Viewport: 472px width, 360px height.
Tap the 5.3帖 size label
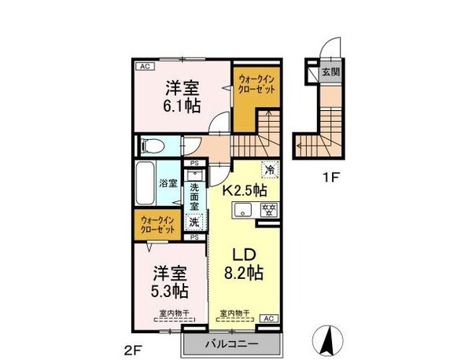[x=169, y=291]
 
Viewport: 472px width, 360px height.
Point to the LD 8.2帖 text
[x=244, y=265]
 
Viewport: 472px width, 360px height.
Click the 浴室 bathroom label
[x=168, y=184]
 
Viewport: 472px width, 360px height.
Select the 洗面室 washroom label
[x=194, y=195]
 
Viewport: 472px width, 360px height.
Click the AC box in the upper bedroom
[x=145, y=67]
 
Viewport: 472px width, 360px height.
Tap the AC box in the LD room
[x=267, y=318]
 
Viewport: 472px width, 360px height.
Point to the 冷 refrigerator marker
[x=270, y=168]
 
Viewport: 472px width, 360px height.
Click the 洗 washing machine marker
[x=194, y=222]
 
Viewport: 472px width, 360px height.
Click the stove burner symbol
[x=267, y=209]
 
